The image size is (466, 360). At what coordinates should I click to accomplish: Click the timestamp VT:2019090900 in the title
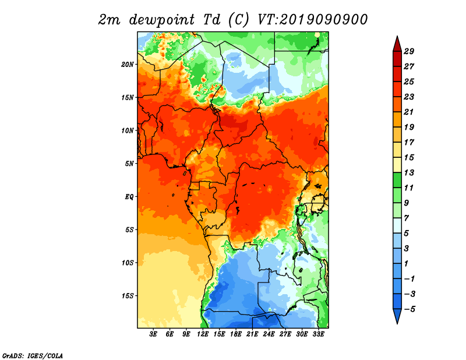click(312, 19)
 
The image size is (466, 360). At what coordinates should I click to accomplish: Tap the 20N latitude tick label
click(128, 64)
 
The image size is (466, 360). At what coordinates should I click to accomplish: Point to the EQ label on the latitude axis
click(129, 197)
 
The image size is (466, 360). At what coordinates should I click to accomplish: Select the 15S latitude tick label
click(128, 296)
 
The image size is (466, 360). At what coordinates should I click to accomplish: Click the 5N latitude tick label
click(129, 164)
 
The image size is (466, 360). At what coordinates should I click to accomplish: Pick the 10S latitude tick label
click(128, 263)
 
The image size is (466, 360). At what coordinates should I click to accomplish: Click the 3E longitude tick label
click(154, 334)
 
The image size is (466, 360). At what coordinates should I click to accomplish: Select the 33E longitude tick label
click(318, 334)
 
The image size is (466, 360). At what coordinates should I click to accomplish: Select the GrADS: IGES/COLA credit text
click(33, 355)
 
